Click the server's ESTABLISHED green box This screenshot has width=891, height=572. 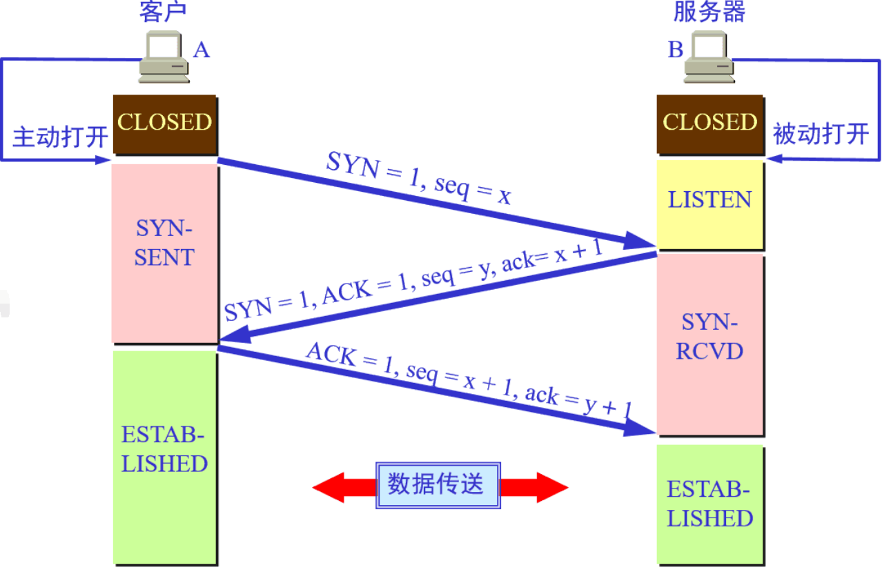pos(709,503)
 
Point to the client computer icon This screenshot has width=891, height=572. pos(164,59)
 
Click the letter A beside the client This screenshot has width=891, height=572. pos(201,50)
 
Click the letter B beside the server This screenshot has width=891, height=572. pos(674,50)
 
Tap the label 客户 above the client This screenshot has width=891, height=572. pos(163,12)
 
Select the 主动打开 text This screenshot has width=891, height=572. pos(61,136)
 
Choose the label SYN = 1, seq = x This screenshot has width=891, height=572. pos(419,178)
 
